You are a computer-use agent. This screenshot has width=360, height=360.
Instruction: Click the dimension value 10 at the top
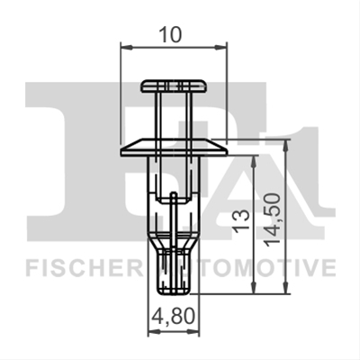pos(170,34)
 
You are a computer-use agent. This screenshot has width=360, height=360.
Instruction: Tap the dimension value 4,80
pos(174,317)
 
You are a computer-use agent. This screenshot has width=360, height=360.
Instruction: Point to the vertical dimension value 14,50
pos(273,220)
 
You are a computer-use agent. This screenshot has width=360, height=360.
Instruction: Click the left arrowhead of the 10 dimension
pos(126,47)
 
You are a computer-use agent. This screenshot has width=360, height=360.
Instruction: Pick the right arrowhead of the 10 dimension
pos(220,47)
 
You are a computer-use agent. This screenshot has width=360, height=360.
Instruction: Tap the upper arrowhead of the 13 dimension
pos(254,162)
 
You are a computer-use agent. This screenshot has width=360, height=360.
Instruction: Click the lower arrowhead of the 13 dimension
pos(254,287)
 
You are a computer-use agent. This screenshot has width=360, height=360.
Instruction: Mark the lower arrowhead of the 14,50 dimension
pos(286,287)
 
